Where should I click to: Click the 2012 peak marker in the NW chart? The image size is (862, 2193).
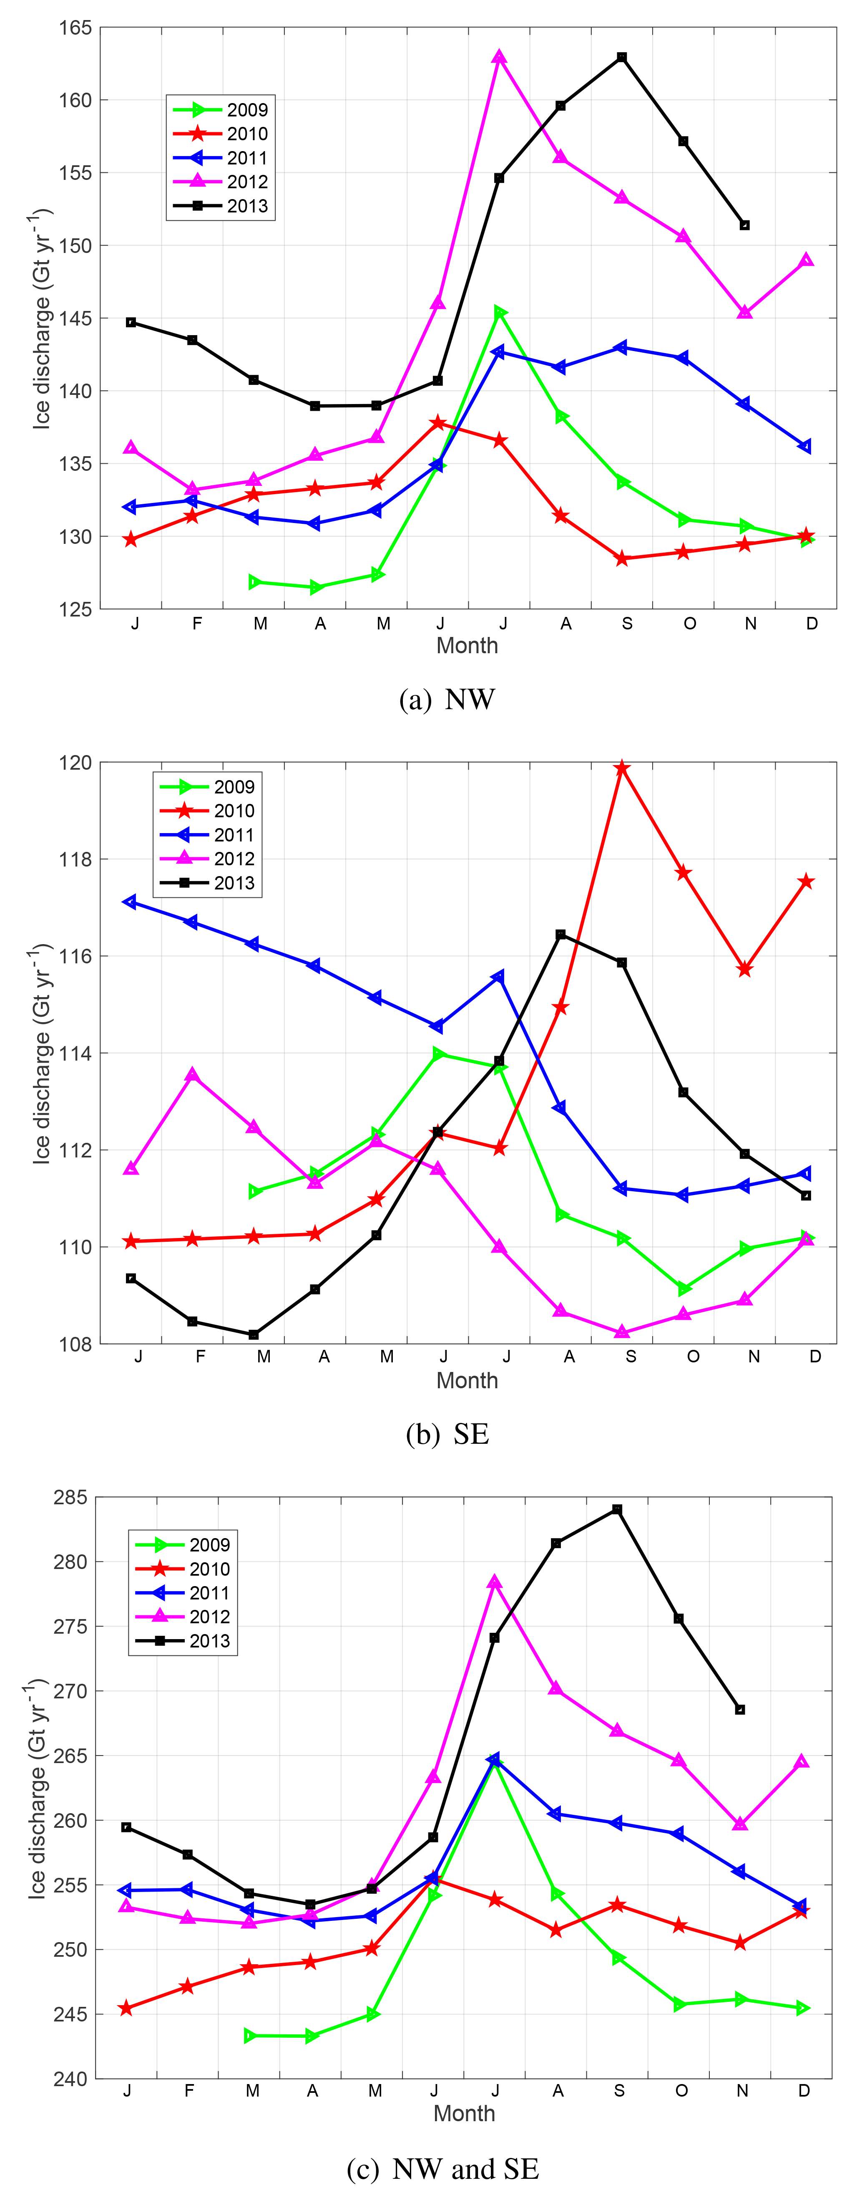[500, 57]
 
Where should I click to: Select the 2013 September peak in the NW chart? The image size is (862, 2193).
[622, 57]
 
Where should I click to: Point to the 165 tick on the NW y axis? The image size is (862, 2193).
[75, 28]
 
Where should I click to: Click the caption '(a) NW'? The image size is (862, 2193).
[447, 700]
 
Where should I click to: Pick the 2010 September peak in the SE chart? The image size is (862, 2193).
[622, 768]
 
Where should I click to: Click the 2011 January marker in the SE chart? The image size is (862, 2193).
[130, 902]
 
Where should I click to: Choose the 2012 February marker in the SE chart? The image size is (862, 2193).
[192, 1075]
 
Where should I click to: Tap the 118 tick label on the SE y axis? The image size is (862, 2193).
[75, 860]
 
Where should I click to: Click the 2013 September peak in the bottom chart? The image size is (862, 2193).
[618, 1509]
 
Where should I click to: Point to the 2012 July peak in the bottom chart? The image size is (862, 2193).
[495, 1582]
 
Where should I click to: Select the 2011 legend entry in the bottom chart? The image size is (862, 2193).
[183, 1593]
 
